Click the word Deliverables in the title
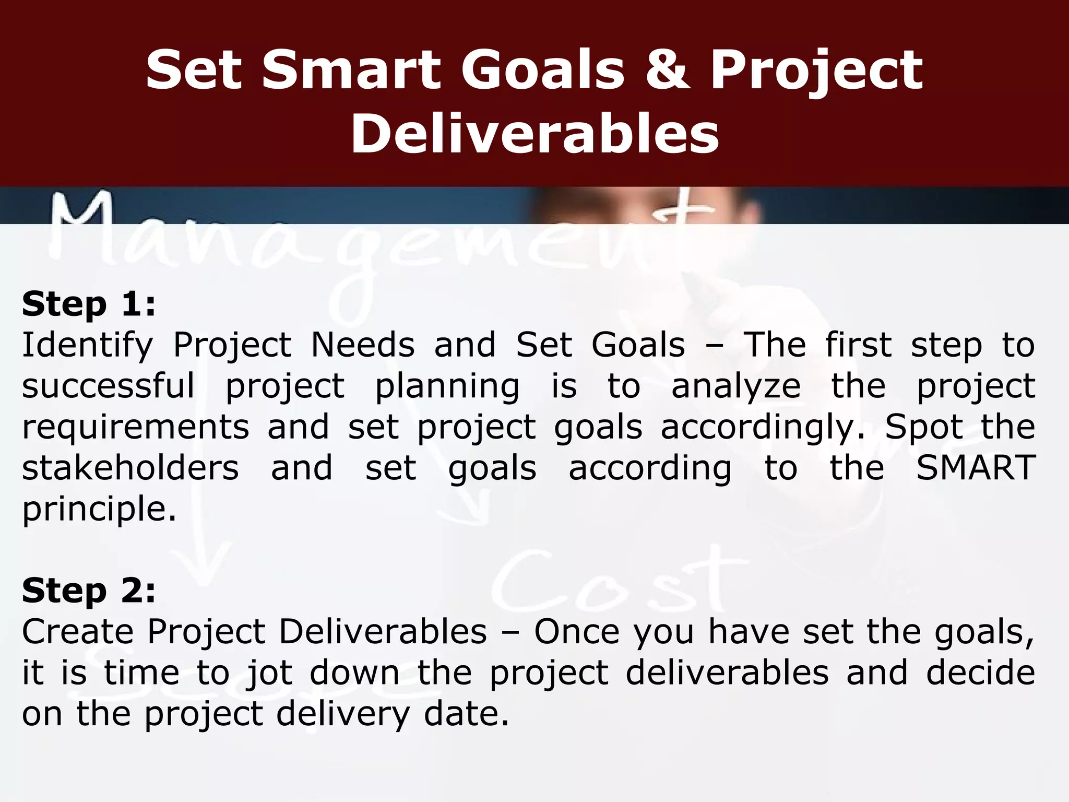pos(534,134)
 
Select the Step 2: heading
pos(89,591)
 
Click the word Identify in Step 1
pos(87,346)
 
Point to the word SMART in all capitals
pos(976,468)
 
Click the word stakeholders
pos(130,468)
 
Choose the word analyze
pos(736,387)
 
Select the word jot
pos(269,673)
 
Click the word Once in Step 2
pos(577,632)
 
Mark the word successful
pos(108,387)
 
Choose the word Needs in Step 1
pos(363,346)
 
